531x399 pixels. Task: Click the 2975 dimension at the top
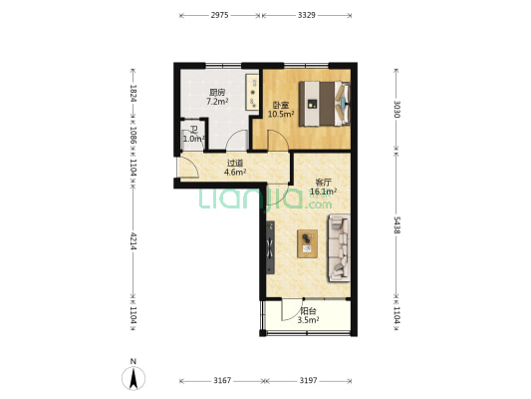pos(219,15)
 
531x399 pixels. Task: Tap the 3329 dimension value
pos(307,15)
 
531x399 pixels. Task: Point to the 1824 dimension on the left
pos(133,93)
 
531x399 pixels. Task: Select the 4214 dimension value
pos(133,241)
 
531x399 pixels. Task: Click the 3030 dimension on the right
pos(397,109)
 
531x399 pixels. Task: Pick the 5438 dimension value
pos(397,225)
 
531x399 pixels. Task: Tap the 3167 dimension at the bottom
pos(222,381)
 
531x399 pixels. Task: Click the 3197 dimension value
pos(308,381)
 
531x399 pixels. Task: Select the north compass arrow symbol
pos(133,378)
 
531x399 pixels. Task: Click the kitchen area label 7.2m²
pos(217,101)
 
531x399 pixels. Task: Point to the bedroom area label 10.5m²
pos(281,115)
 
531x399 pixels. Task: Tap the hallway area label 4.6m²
pos(235,172)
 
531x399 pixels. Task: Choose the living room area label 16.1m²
pos(324,192)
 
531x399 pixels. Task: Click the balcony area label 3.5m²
pos(308,320)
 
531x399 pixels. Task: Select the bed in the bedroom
pos(324,104)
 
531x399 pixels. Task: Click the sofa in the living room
pos(339,248)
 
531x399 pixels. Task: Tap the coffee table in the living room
pos(308,243)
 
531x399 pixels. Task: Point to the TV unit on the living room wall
pos(270,247)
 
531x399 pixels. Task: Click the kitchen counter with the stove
pos(252,92)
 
